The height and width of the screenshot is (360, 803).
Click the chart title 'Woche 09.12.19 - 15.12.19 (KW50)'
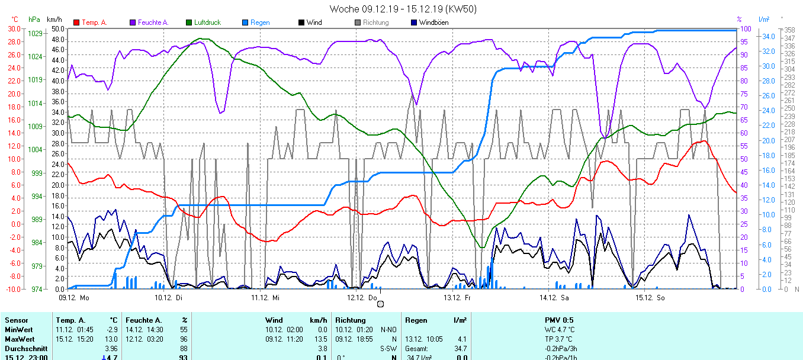(x=403, y=9)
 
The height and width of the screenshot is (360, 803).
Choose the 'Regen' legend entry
(x=259, y=22)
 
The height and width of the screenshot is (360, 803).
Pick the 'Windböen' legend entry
(x=432, y=22)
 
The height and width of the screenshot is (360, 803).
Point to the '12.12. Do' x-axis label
(x=362, y=298)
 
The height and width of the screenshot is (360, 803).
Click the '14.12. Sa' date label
(x=554, y=298)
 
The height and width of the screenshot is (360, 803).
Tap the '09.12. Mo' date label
(x=74, y=298)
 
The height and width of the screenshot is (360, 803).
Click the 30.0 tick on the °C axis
(x=14, y=28)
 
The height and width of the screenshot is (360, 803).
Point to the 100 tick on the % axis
(x=746, y=28)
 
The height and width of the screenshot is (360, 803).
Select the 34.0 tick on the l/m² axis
(x=769, y=36)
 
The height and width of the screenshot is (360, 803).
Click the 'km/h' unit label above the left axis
(x=54, y=20)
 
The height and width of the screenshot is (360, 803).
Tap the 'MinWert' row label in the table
(x=18, y=329)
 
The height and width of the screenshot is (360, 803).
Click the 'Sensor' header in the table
(x=16, y=320)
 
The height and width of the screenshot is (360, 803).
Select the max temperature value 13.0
(x=110, y=339)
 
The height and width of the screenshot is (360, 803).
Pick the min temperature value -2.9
(x=110, y=329)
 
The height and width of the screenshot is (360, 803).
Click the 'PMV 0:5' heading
(x=559, y=320)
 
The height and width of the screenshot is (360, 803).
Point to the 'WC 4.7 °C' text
(x=559, y=329)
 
